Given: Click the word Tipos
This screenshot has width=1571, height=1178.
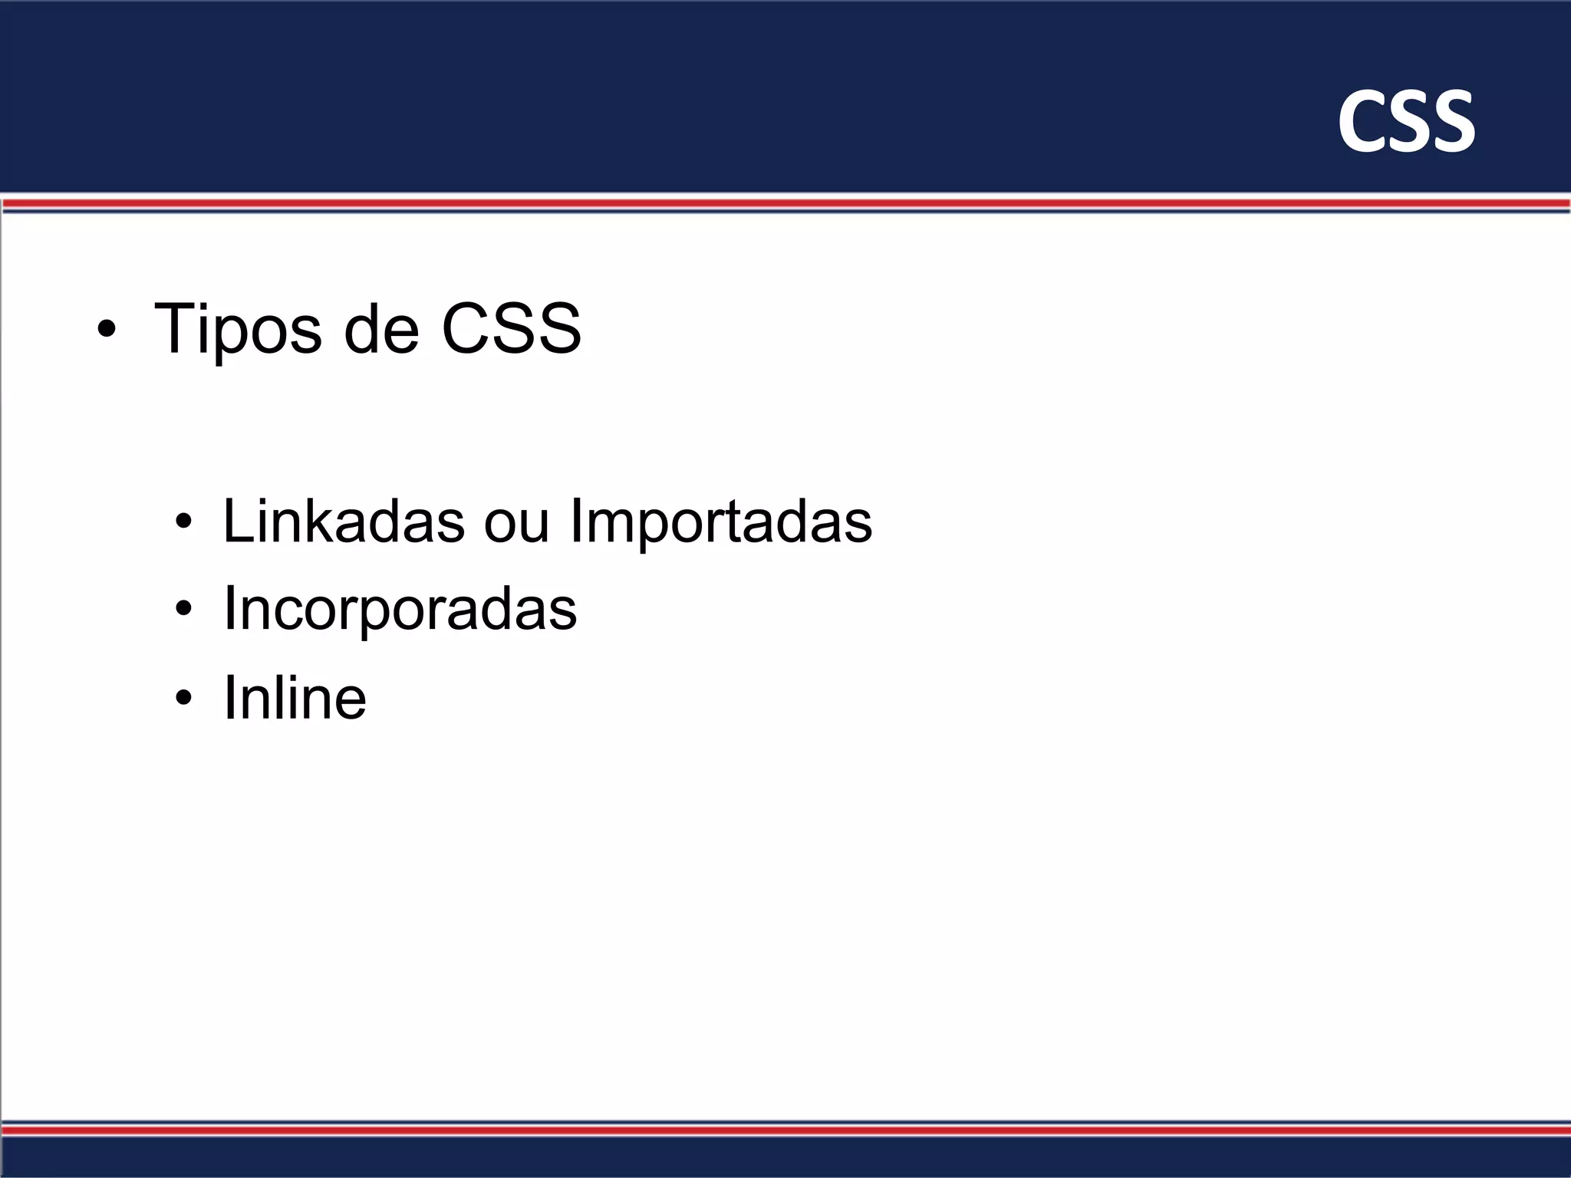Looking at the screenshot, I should click(x=238, y=330).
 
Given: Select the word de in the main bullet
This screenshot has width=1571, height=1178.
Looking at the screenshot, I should click(x=381, y=330).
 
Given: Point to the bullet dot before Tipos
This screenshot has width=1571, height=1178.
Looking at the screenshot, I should click(x=107, y=331).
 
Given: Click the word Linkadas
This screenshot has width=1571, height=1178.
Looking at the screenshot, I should click(x=344, y=522).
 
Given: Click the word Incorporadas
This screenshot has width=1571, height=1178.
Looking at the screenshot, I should click(x=400, y=610).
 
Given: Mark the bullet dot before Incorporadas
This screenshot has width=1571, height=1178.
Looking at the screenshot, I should click(x=183, y=610).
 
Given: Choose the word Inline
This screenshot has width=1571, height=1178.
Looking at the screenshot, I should click(x=295, y=697).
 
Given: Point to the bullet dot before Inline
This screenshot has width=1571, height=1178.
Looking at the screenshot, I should click(x=183, y=698).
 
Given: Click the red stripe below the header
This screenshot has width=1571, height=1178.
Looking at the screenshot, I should click(x=785, y=203).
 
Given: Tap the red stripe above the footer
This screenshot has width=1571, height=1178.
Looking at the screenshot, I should click(x=785, y=1130).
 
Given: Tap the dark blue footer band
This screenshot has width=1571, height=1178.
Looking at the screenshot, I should click(x=785, y=1157).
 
